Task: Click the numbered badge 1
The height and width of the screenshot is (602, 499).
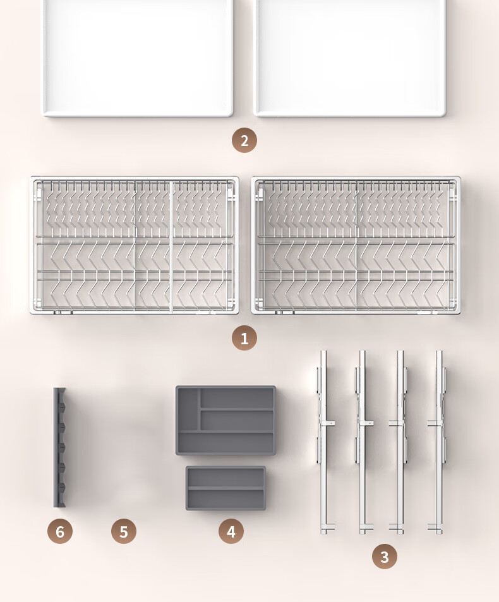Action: [x=244, y=338]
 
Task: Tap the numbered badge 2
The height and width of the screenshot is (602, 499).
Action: [x=244, y=140]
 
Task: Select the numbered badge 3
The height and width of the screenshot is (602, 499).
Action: [x=384, y=557]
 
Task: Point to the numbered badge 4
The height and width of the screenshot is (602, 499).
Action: [x=231, y=531]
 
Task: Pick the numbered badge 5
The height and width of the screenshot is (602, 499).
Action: [x=124, y=531]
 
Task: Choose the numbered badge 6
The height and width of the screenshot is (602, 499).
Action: [x=60, y=531]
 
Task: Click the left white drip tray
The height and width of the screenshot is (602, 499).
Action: [x=138, y=57]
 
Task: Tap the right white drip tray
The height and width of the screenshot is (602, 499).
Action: [x=350, y=57]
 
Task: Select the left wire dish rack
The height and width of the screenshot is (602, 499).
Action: [x=135, y=245]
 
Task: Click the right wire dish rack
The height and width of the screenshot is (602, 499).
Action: [x=356, y=245]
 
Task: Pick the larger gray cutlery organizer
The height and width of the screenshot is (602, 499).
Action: [x=225, y=421]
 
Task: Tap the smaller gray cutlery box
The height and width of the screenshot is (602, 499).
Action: [x=225, y=488]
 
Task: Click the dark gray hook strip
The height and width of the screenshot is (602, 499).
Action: [x=59, y=447]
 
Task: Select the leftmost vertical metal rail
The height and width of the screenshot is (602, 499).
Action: [x=324, y=442]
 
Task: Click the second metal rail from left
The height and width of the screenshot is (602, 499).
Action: [x=363, y=442]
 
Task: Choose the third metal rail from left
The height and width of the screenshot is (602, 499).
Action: [x=400, y=442]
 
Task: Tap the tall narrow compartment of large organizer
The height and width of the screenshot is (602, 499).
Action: [x=188, y=409]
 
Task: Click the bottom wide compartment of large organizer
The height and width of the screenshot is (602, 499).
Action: [x=226, y=442]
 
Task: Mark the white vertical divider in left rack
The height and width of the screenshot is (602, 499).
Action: [x=171, y=245]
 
